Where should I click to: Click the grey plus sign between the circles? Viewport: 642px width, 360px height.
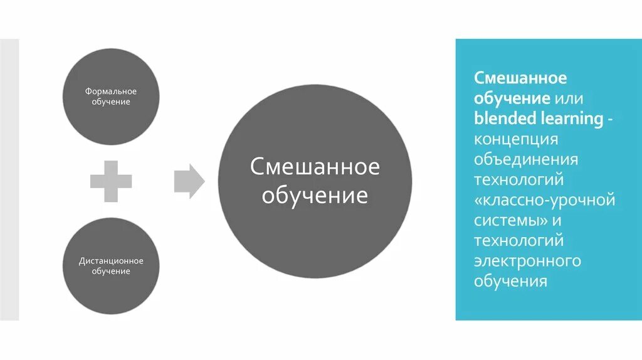111,181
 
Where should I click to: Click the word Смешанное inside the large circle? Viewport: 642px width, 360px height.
315,167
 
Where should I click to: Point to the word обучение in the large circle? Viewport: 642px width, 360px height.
315,196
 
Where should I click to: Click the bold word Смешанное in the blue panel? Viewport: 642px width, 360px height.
520,78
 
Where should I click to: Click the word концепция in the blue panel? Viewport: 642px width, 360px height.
515,138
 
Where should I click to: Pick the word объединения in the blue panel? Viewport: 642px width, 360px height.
525,159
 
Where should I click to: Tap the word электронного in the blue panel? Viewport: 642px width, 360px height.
527,260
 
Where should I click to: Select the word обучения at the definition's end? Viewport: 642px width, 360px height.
510,281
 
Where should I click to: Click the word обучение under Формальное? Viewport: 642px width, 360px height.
111,102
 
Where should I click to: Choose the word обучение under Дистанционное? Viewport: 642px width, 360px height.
111,271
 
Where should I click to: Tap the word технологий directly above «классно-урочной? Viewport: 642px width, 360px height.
518,179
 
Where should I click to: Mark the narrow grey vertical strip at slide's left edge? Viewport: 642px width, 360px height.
9,179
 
